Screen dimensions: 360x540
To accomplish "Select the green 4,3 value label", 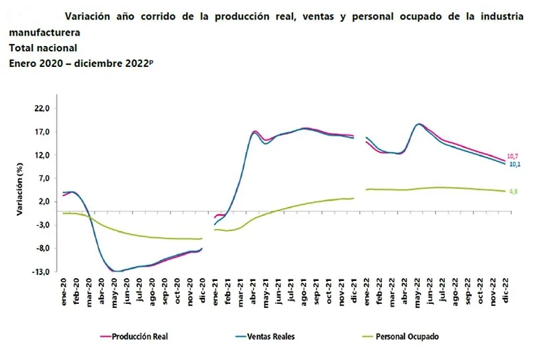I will [x=512, y=191].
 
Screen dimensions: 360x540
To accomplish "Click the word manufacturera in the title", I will [x=44, y=32].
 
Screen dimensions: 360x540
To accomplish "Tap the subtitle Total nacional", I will [x=43, y=48].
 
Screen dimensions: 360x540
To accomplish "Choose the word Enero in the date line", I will [x=24, y=63].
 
